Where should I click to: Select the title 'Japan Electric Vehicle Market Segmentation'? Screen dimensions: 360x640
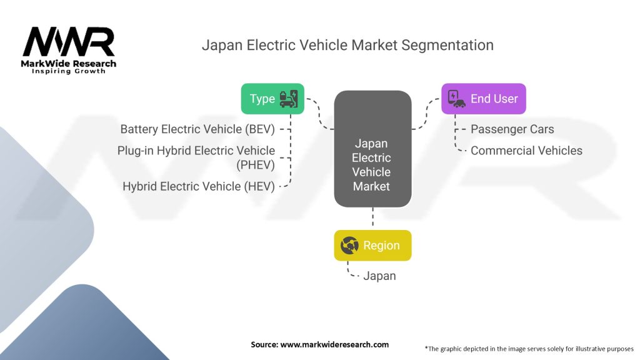pos(347,45)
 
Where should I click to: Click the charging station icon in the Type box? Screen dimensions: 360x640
pos(289,98)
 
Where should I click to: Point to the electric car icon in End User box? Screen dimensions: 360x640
pos(457,98)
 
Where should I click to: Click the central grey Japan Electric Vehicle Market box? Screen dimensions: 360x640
pos(372,149)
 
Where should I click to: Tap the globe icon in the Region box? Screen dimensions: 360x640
pos(349,245)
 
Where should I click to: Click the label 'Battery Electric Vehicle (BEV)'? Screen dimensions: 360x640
pos(197,129)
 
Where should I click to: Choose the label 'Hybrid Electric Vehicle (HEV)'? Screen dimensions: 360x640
pos(199,186)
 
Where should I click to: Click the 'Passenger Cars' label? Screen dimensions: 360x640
pos(512,129)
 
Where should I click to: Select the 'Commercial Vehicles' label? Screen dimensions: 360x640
pos(526,151)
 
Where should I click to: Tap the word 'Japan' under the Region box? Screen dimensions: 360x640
pos(379,276)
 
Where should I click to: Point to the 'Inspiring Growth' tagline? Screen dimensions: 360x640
pos(69,71)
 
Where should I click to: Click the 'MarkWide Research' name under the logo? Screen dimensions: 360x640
pos(69,63)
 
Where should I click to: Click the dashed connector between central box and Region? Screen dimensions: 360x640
pos(372,218)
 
